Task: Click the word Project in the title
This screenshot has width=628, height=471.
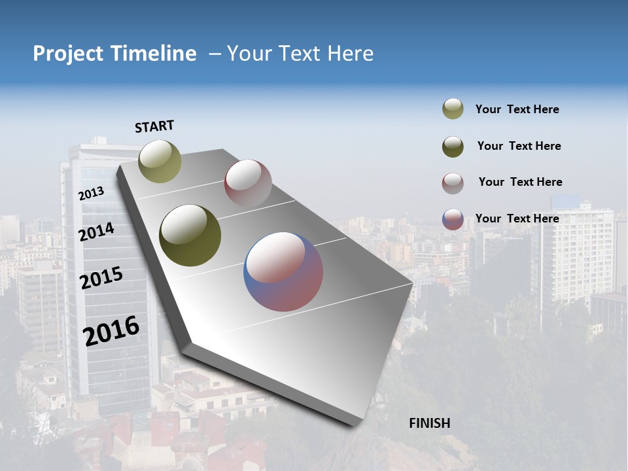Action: point(67,54)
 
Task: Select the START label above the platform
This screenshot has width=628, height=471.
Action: point(154,126)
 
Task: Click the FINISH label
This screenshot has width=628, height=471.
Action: point(429,423)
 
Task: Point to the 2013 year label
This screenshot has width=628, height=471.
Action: point(91,194)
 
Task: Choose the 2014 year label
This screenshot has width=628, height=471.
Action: point(96,232)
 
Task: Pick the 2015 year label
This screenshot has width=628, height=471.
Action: point(101,278)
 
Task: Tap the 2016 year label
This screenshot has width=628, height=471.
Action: point(111,331)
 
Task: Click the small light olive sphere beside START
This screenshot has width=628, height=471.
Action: point(160,161)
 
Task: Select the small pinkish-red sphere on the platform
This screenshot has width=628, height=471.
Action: point(248,183)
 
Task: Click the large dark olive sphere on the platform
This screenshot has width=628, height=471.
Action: point(190,235)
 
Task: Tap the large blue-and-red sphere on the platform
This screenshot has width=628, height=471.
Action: point(283,271)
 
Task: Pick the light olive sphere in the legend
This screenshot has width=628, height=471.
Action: point(453,109)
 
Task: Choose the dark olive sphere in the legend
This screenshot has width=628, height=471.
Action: point(453,146)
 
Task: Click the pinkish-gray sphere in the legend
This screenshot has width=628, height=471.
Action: point(453,183)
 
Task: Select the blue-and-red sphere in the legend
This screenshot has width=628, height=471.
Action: point(453,219)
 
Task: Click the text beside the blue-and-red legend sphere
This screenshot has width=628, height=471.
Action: point(517,218)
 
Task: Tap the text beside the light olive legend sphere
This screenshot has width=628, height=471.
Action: point(517,109)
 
